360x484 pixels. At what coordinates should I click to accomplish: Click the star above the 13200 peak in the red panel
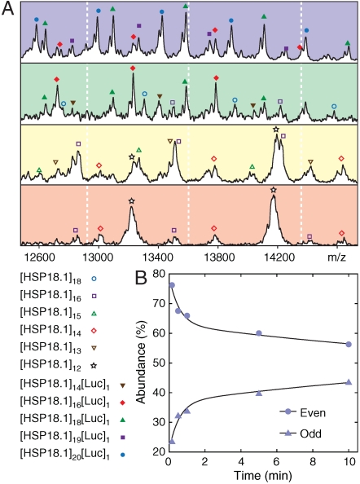point(131,200)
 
